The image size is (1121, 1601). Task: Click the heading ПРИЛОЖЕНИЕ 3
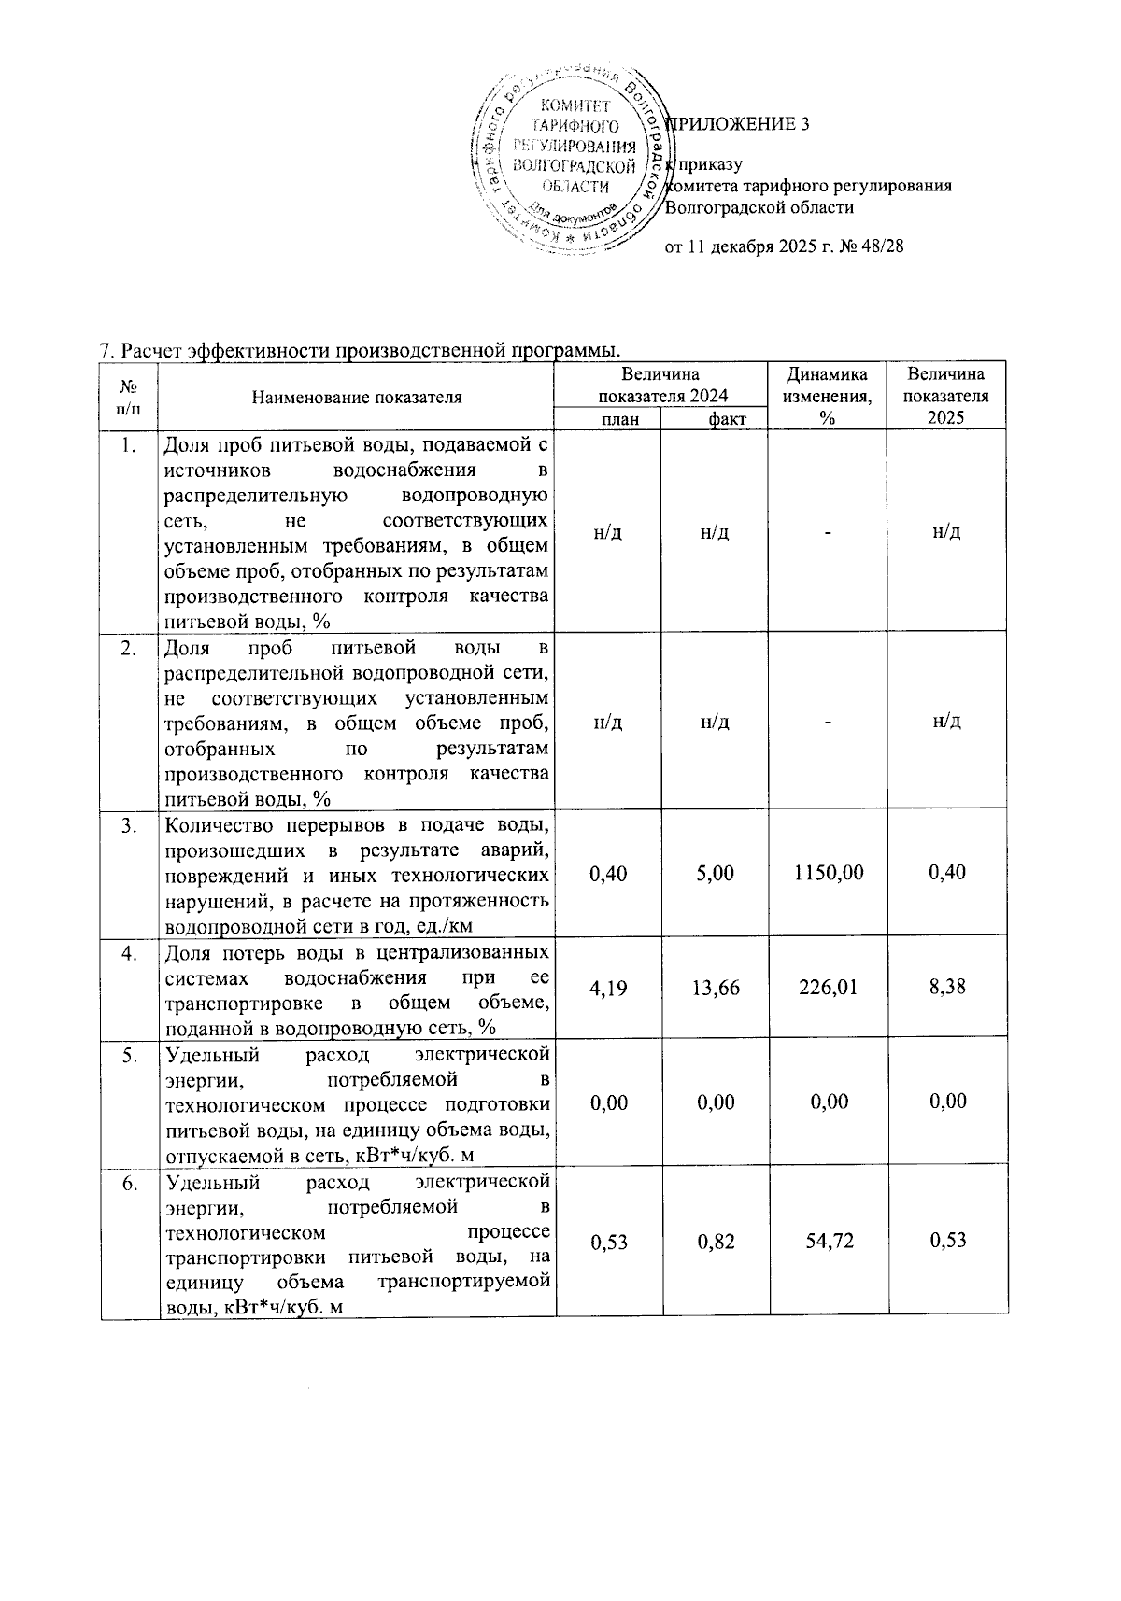738,124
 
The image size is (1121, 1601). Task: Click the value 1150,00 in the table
827,873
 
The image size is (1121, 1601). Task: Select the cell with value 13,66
716,988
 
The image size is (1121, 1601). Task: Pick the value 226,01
827,988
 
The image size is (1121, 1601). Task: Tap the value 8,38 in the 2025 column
948,988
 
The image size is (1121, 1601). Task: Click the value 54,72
827,1241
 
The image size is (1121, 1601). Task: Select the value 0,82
716,1241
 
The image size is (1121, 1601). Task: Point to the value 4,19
609,988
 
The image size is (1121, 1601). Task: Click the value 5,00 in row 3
716,873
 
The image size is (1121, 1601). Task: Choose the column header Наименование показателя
357,397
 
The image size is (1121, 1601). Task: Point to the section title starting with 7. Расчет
360,351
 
